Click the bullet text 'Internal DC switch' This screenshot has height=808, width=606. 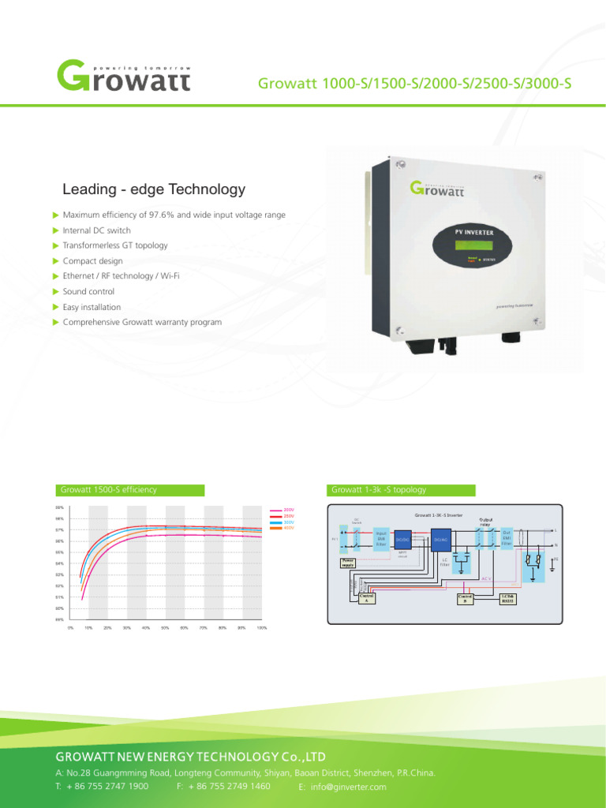(96, 230)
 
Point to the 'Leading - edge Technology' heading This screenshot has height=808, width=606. (154, 189)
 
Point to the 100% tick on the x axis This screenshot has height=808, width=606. (262, 628)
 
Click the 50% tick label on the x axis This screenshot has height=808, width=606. (166, 628)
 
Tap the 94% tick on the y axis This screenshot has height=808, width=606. (60, 563)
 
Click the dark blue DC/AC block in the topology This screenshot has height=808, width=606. (441, 539)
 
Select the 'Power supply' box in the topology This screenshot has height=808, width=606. (347, 564)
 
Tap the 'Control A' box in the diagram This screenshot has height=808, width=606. (367, 597)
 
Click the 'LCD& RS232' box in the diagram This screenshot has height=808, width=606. (508, 597)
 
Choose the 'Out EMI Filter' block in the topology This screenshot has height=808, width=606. (507, 538)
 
